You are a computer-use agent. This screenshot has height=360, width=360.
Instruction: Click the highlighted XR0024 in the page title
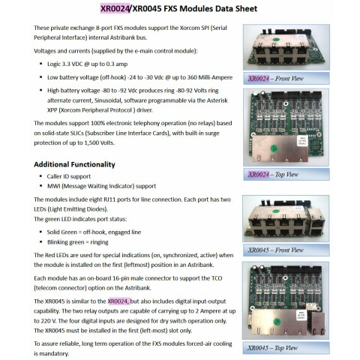(115, 9)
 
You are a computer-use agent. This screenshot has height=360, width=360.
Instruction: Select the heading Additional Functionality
(74, 164)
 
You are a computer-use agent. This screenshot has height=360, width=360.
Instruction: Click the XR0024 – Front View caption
(276, 79)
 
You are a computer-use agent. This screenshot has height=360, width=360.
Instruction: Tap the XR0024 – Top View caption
(273, 174)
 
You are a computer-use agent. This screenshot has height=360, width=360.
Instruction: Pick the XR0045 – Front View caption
(276, 250)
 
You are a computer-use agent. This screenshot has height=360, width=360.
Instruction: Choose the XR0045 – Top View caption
(273, 348)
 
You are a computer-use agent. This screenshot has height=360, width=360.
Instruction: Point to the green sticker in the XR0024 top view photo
(274, 148)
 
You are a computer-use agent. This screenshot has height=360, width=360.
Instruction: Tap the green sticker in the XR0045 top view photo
(277, 322)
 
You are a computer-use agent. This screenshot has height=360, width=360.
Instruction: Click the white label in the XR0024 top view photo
(301, 141)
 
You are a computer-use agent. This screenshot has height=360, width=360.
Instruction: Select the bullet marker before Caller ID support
(40, 176)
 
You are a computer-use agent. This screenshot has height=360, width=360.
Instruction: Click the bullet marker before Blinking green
(40, 242)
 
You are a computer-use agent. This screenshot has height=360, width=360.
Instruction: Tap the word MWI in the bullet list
(53, 186)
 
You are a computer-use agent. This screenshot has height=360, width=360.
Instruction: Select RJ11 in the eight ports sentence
(109, 199)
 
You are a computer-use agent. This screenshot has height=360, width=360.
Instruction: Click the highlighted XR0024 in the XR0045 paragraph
(118, 301)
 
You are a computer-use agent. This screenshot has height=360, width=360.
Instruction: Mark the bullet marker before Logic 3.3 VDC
(40, 64)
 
